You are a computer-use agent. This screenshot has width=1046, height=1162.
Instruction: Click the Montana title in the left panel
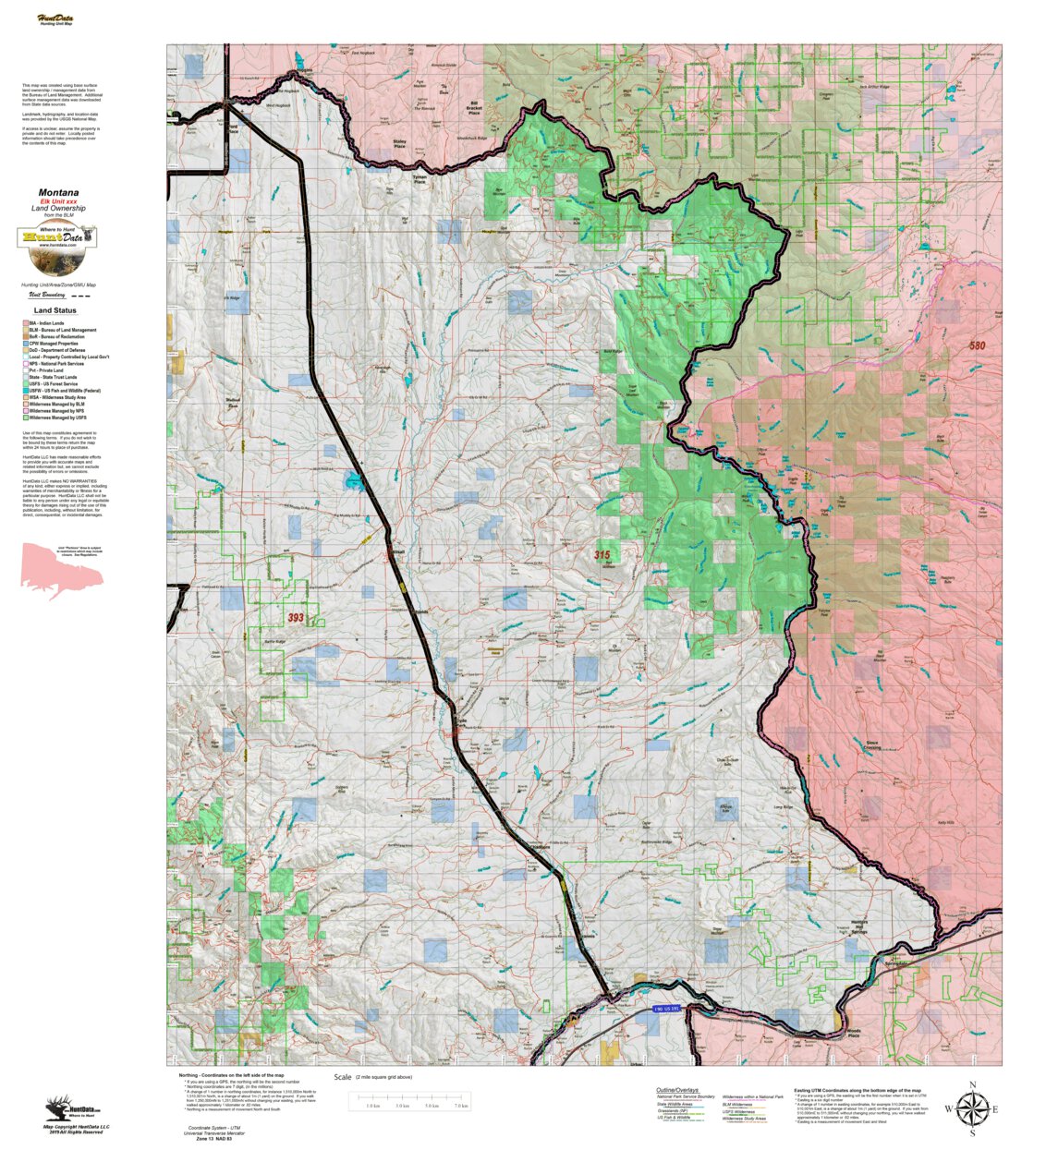click(x=58, y=193)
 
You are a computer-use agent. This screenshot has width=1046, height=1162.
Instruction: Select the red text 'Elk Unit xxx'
click(x=58, y=201)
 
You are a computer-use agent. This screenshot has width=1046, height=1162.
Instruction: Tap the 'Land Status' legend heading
click(x=55, y=310)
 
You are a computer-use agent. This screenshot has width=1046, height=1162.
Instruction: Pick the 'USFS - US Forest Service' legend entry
click(x=53, y=384)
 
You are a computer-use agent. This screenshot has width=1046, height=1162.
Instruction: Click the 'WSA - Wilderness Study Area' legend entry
click(x=56, y=397)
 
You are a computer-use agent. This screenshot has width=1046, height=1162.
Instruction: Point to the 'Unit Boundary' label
click(x=46, y=295)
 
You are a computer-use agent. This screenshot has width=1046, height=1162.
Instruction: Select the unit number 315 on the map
click(x=602, y=555)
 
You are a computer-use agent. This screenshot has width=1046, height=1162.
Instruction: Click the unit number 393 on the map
click(x=295, y=618)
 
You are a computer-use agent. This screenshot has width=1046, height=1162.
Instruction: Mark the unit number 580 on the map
click(x=977, y=345)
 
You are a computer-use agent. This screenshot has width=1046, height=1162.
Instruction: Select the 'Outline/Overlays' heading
click(x=677, y=1090)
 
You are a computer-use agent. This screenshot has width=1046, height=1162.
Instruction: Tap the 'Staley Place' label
click(x=399, y=144)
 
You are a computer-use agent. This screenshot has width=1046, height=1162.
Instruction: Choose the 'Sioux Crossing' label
click(x=871, y=744)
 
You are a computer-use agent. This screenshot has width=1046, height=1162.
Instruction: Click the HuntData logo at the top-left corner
click(x=55, y=19)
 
